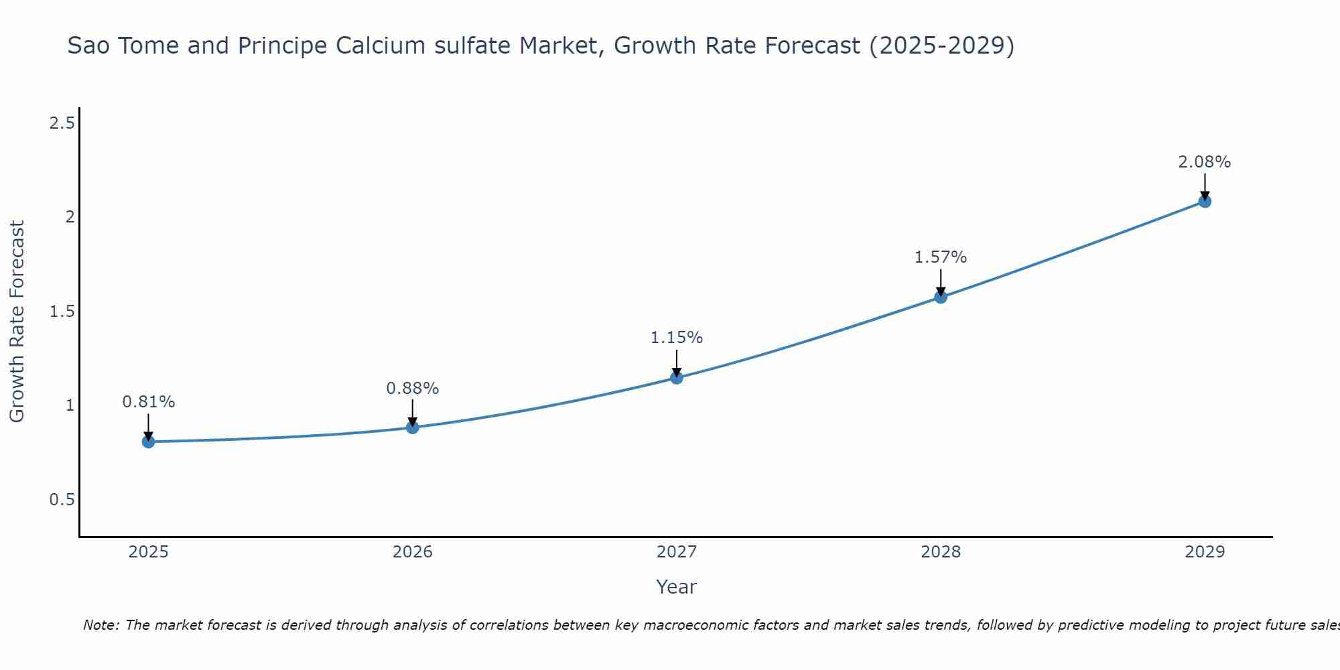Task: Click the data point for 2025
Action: coord(149,442)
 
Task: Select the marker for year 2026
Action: coord(413,427)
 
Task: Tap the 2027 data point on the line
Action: coord(677,378)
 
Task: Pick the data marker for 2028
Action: coord(941,297)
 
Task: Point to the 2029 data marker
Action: coord(1205,201)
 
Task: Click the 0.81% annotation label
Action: coord(149,402)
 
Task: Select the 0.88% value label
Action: coord(413,388)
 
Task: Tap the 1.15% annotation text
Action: coord(677,338)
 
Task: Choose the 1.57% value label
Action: coord(941,257)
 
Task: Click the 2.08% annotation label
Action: coord(1205,162)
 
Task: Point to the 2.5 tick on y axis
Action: coord(62,123)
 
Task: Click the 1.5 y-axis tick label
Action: coord(62,312)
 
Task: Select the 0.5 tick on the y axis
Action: coord(62,500)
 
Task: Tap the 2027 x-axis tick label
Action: coord(677,552)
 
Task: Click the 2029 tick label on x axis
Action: coord(1205,552)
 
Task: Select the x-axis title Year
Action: coord(677,587)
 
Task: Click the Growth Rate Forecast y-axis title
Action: coord(17,322)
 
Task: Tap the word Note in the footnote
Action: coord(100,625)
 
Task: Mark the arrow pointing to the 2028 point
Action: coord(941,281)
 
